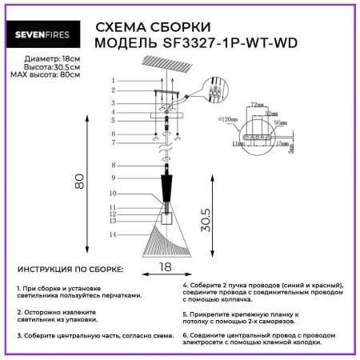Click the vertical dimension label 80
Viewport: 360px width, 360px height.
coord(79,183)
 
